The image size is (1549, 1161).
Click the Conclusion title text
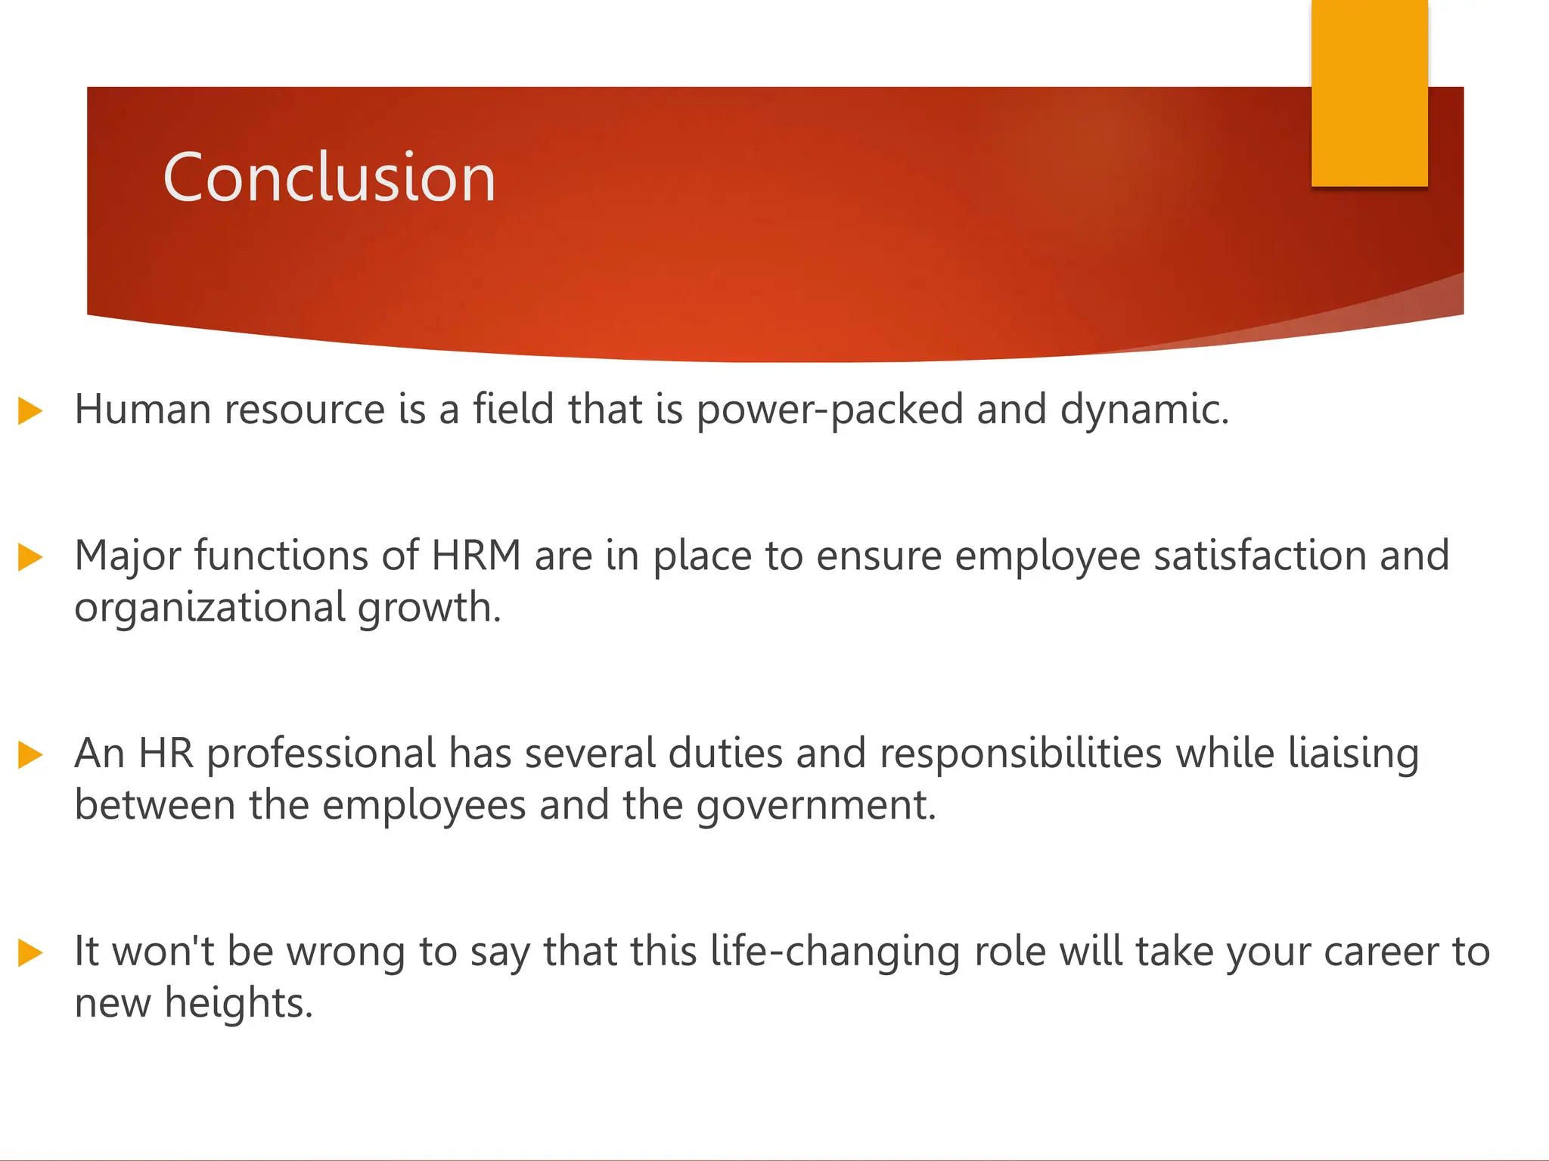329,178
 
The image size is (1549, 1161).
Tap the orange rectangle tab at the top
1369,92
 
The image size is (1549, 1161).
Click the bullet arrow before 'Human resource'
30,411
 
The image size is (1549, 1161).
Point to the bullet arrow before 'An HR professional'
30,754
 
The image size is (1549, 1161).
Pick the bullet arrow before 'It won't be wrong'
30,952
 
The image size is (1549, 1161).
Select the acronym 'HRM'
476,556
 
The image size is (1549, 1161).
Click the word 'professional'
321,754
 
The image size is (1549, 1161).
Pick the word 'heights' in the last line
237,1004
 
